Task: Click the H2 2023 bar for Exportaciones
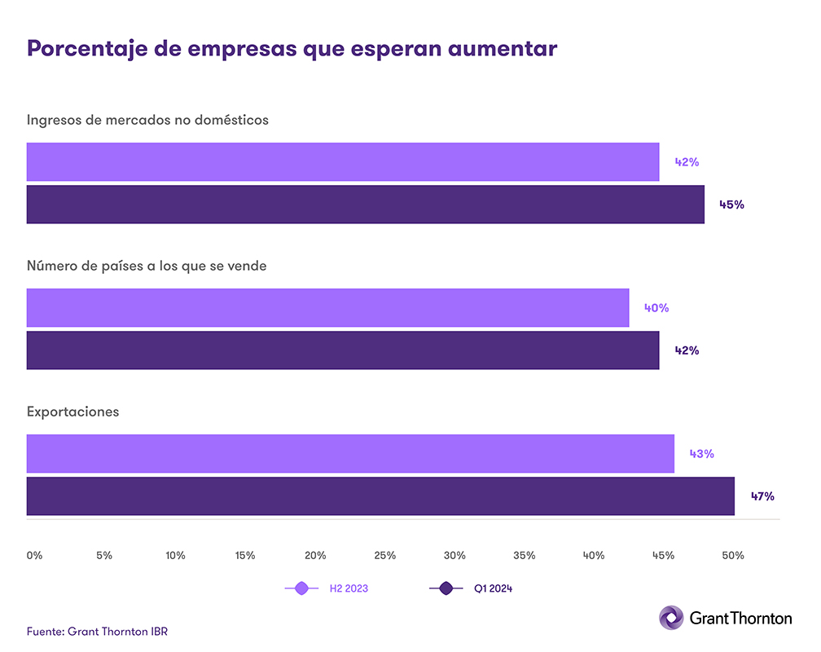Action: tap(350, 453)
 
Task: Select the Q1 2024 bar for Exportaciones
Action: tap(380, 496)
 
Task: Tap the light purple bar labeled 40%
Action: tap(327, 307)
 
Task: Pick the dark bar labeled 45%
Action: tap(365, 204)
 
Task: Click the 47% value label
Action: tap(762, 496)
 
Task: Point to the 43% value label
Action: tap(701, 453)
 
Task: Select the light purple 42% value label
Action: tap(687, 162)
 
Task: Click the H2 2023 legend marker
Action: tap(301, 588)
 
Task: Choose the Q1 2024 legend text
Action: tap(493, 588)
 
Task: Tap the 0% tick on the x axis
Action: tap(34, 555)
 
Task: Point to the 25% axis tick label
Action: tap(384, 555)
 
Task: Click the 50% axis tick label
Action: tap(733, 555)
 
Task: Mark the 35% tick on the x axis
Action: tap(525, 555)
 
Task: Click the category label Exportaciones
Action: tap(72, 412)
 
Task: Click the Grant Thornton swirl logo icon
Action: tap(671, 618)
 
